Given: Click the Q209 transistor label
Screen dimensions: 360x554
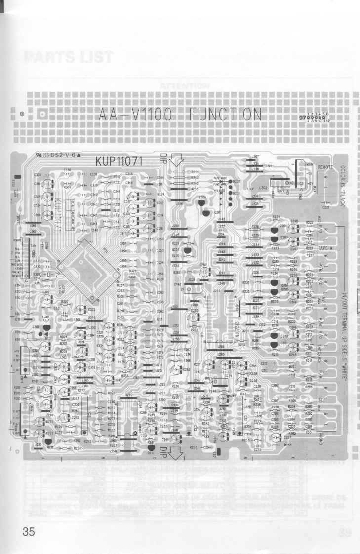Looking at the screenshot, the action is (202, 197).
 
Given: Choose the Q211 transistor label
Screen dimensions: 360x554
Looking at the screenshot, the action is (50, 447).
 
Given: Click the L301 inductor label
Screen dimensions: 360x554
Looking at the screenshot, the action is (45, 316).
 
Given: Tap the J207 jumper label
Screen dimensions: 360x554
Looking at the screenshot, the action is (255, 156).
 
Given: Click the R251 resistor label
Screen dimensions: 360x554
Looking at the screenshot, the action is (194, 447).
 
